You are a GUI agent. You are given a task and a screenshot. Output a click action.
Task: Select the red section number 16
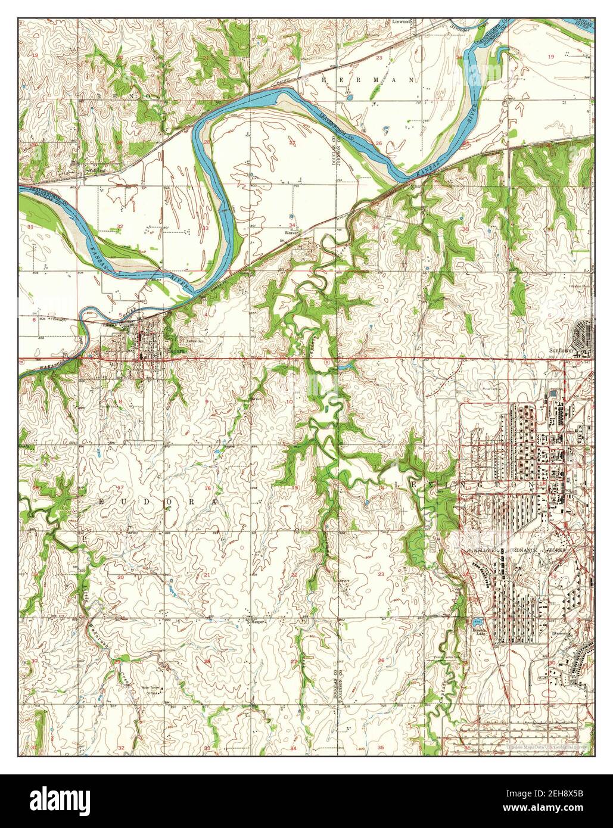(207, 488)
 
